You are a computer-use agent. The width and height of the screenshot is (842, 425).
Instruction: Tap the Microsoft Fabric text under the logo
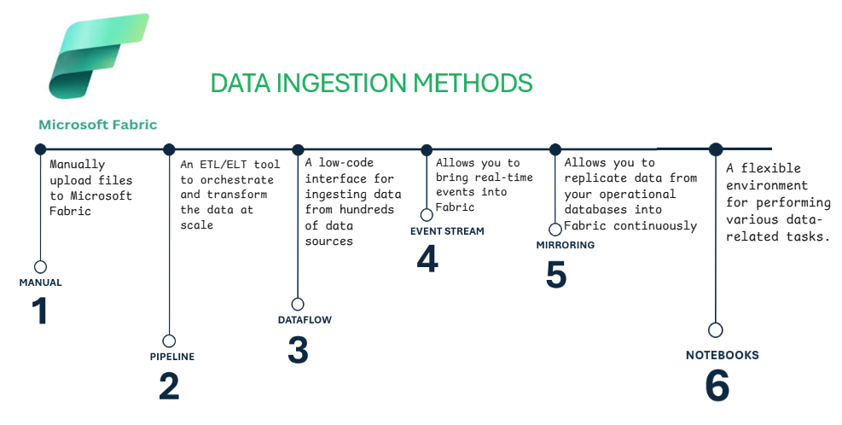(98, 125)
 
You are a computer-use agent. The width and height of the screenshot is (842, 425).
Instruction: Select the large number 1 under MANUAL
(40, 311)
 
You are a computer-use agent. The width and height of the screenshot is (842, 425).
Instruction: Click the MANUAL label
(40, 282)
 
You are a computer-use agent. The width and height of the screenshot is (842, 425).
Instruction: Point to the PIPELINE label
(171, 357)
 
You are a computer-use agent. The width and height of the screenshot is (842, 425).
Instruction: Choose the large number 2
(169, 387)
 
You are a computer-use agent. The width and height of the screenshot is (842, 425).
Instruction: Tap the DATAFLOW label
(305, 320)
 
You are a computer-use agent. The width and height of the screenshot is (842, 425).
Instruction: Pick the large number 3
(298, 350)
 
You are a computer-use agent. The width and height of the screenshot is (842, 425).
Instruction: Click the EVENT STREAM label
(447, 231)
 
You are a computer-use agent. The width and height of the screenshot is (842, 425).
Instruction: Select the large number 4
(427, 259)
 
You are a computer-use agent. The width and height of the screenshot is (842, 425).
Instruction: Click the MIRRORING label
(566, 245)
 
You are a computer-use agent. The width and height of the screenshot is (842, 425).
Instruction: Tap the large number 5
(555, 274)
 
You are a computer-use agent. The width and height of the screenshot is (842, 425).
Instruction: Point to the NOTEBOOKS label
(723, 355)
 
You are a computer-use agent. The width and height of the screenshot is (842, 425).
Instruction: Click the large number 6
(717, 385)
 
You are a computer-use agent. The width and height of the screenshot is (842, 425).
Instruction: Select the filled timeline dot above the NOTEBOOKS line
(715, 149)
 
